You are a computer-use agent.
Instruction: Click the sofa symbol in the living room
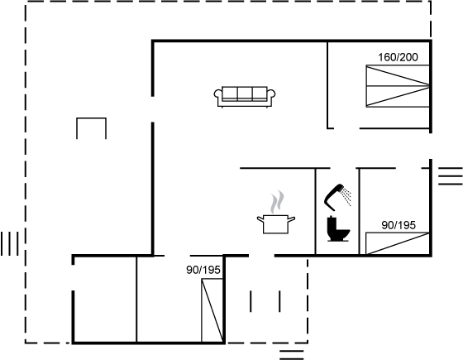(245, 97)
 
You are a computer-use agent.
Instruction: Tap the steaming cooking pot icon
(276, 212)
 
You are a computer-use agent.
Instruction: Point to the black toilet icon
(338, 228)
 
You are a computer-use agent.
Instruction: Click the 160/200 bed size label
(398, 57)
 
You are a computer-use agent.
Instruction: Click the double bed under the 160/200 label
(398, 86)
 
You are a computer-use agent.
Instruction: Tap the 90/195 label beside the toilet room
(399, 225)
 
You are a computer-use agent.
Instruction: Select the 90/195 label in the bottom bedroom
(203, 270)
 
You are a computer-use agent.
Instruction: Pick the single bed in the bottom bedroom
(212, 310)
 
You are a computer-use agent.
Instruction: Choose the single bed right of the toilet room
(398, 243)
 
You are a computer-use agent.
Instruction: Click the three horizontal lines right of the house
(451, 176)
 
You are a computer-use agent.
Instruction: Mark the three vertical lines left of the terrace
(10, 243)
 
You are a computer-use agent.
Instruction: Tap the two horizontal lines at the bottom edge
(291, 355)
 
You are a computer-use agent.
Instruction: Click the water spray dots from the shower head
(346, 196)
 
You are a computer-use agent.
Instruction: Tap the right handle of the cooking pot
(291, 219)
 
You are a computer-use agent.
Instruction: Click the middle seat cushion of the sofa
(245, 94)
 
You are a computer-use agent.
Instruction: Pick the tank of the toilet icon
(332, 223)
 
